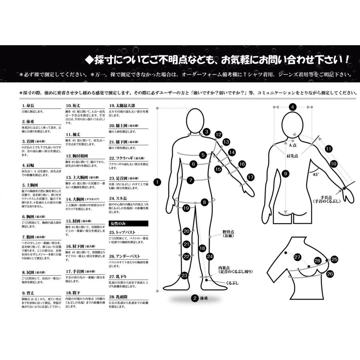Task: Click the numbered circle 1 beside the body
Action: (x=158, y=182)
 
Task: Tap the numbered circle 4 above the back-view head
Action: (x=293, y=107)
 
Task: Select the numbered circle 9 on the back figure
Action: (x=285, y=174)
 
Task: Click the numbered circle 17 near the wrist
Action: (x=251, y=176)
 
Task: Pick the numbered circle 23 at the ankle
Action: (x=184, y=275)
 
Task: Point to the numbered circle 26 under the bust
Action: (x=330, y=274)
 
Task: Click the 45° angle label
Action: (x=316, y=174)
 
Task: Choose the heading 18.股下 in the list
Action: (x=74, y=293)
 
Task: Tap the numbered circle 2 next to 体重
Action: (x=194, y=298)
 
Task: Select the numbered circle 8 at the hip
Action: (x=204, y=202)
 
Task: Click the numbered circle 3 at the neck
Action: (x=206, y=131)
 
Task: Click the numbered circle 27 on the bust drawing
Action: (x=297, y=257)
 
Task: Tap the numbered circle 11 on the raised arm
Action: (x=328, y=149)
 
